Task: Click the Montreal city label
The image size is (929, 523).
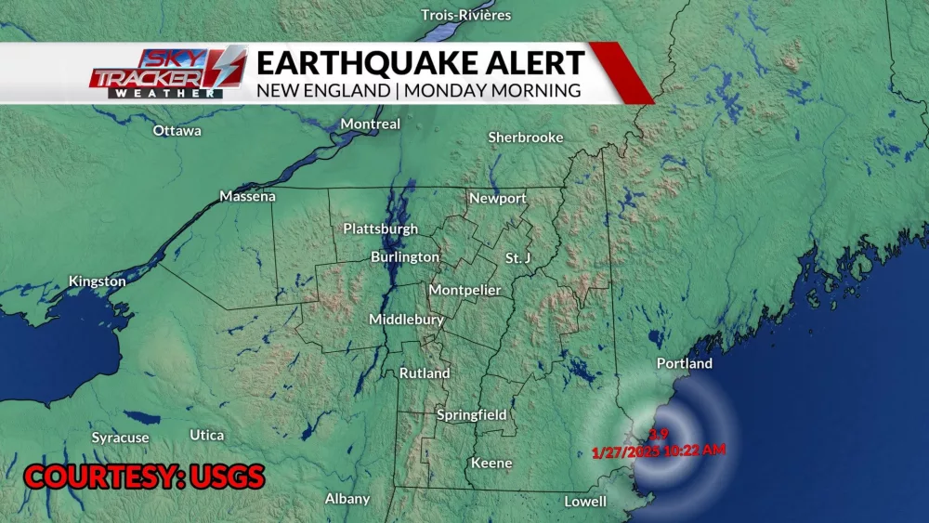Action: [x=371, y=124]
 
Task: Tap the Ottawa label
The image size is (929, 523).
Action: [x=177, y=131]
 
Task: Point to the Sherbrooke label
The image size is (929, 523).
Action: [x=526, y=137]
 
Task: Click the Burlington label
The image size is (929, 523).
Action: [x=405, y=256]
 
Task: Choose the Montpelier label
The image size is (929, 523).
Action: [x=464, y=290]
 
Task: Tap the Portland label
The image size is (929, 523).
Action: [x=685, y=363]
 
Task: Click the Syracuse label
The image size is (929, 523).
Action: [x=120, y=438]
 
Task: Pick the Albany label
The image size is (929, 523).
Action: [x=347, y=499]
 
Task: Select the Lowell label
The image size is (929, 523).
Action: [x=585, y=502]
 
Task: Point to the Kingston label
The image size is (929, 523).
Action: [x=98, y=281]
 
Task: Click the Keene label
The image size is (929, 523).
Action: [x=491, y=463]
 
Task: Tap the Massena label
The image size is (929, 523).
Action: [x=248, y=196]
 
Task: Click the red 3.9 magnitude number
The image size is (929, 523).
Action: [x=659, y=433]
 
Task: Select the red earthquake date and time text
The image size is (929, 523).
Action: [x=659, y=450]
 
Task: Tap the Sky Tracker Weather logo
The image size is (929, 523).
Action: [x=168, y=71]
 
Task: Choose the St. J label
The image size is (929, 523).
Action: [x=517, y=257]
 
